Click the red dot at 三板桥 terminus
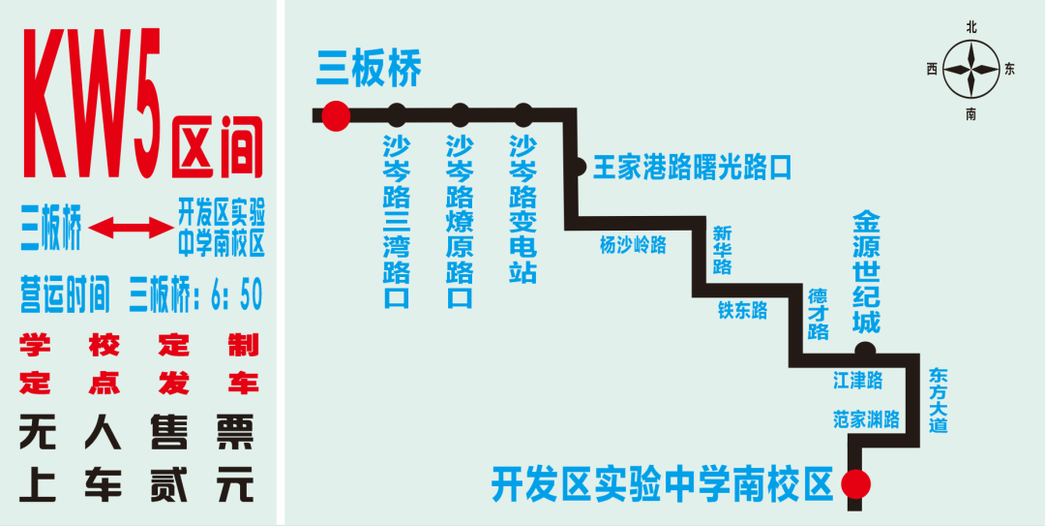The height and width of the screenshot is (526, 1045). click(x=335, y=116)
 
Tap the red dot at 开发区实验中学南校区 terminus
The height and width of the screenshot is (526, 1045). click(x=855, y=482)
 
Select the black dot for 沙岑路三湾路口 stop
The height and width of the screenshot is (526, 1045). click(x=397, y=116)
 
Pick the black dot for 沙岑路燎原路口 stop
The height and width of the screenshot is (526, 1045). click(x=460, y=116)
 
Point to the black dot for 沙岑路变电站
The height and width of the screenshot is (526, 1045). click(x=523, y=116)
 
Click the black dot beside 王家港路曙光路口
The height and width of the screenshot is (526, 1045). click(x=577, y=168)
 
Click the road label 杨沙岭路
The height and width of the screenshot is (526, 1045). click(x=633, y=245)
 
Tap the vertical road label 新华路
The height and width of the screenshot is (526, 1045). click(x=722, y=250)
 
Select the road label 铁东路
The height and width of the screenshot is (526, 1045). click(x=742, y=310)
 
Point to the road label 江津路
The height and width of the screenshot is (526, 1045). click(x=858, y=381)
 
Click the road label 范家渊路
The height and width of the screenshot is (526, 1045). click(x=866, y=419)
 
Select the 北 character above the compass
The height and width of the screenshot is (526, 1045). click(x=971, y=27)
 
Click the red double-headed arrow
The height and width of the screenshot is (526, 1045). click(x=130, y=229)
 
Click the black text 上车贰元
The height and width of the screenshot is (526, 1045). click(x=136, y=483)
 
